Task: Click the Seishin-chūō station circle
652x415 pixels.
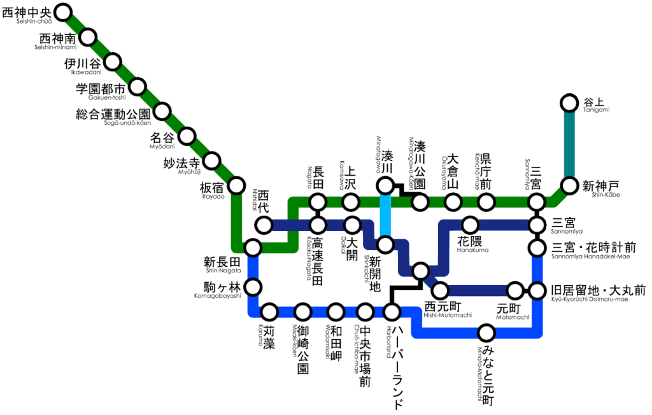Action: coord(64,11)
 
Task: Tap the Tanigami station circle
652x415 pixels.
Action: coord(569,102)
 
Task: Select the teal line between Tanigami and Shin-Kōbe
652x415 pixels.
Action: coord(569,144)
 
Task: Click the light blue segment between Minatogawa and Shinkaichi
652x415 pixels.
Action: coord(385,215)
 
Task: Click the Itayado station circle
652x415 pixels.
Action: coord(237,185)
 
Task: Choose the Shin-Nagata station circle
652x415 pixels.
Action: coord(253,248)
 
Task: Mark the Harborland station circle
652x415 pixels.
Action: coord(392,312)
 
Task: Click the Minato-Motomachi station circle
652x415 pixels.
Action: coord(486,332)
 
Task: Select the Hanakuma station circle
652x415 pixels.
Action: coord(471,225)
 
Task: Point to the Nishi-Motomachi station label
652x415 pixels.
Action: coord(448,308)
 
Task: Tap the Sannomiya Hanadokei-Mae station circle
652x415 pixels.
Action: coord(537,248)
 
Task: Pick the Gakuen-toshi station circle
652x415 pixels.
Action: coord(138,87)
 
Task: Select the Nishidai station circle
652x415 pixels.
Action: coord(264,225)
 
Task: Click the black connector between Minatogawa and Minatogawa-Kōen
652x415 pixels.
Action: coord(402,190)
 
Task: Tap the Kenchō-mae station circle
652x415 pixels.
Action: coord(486,202)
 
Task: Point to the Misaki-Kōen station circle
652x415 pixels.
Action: coord(302,312)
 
